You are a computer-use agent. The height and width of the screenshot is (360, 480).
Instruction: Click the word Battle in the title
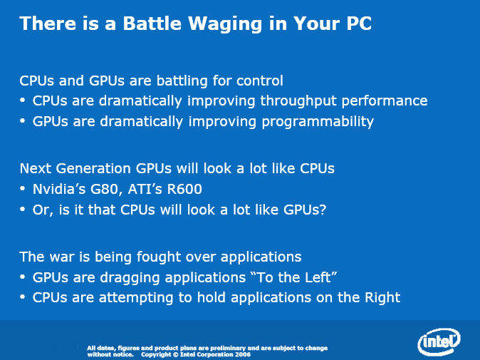[152, 24]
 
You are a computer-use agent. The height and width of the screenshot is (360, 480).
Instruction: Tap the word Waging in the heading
[225, 24]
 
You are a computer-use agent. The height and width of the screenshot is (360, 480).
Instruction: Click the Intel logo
[439, 341]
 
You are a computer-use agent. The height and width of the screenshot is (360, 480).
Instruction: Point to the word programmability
[318, 122]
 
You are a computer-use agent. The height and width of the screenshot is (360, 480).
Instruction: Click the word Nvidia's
[59, 189]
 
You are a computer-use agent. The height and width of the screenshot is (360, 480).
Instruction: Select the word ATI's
[145, 189]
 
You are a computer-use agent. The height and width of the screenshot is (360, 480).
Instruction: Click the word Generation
[94, 168]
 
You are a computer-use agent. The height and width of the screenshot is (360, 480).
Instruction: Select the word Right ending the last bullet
[382, 298]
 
